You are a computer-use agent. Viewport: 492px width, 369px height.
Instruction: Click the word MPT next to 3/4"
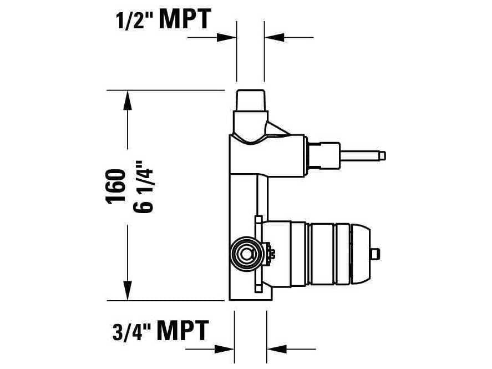click(x=183, y=331)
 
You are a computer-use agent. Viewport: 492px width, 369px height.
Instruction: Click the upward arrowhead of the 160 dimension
click(x=128, y=100)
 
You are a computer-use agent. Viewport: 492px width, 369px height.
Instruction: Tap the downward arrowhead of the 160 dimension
click(x=128, y=291)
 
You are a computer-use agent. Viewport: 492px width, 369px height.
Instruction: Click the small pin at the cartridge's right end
click(x=376, y=254)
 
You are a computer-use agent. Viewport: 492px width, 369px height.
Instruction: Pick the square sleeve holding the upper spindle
click(x=325, y=155)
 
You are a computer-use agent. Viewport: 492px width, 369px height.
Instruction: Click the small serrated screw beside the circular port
click(x=270, y=253)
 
